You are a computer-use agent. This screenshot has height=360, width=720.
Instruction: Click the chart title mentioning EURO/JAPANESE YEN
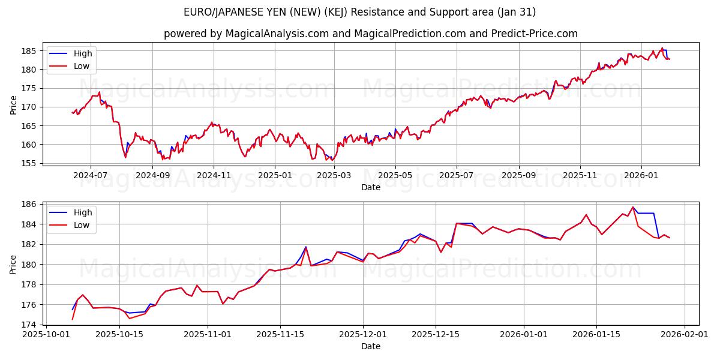(x=360, y=12)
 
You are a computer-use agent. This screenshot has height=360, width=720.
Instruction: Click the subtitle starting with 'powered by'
(x=371, y=34)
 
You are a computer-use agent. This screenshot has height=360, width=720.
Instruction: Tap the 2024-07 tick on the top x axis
(x=91, y=176)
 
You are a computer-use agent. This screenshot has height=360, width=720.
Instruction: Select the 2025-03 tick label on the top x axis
(x=334, y=176)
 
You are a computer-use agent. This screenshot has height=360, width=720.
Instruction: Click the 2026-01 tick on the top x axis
(x=641, y=176)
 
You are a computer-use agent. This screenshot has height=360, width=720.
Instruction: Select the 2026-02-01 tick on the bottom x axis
(x=684, y=335)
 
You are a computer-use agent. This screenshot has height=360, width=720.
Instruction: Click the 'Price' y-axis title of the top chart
(x=14, y=104)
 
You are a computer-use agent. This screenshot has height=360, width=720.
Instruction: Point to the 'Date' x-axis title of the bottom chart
(x=371, y=346)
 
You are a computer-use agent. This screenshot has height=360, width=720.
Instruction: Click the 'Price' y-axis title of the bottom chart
(x=14, y=264)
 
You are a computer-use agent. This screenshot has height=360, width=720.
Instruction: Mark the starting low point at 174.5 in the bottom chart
(x=73, y=319)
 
